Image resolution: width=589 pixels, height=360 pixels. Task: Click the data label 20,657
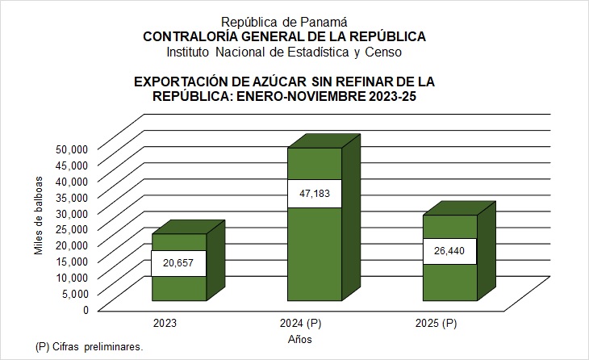(178, 263)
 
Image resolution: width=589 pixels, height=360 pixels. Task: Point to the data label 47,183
(315, 194)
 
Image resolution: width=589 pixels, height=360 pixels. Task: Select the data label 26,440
(450, 250)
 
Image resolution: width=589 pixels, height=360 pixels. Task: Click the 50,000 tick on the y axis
(71, 149)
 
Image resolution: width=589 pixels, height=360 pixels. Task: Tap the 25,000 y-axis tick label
(71, 228)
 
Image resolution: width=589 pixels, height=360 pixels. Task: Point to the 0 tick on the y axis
(83, 308)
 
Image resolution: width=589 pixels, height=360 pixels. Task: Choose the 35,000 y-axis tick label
(71, 196)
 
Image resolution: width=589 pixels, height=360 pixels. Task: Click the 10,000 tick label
(71, 276)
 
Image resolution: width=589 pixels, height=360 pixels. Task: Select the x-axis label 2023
(165, 324)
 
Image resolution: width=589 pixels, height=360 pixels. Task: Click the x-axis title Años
(299, 340)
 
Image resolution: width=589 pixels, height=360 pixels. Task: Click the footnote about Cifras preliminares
(90, 346)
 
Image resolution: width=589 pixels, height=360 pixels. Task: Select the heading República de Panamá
(284, 22)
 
